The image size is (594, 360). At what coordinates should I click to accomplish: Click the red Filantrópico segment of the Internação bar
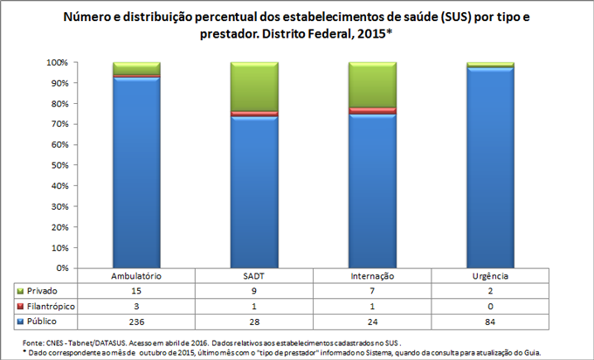(x=371, y=111)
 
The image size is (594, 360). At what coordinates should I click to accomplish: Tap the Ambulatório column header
(x=136, y=276)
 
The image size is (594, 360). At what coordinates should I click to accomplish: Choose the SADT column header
(x=253, y=276)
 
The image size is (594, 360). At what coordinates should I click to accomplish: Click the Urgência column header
(x=489, y=276)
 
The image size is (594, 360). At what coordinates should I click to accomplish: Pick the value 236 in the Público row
(x=136, y=322)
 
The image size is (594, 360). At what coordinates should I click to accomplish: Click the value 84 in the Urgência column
(x=489, y=322)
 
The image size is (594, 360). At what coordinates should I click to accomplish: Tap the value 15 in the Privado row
(x=136, y=290)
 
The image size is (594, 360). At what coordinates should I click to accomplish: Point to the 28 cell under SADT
(x=253, y=322)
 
